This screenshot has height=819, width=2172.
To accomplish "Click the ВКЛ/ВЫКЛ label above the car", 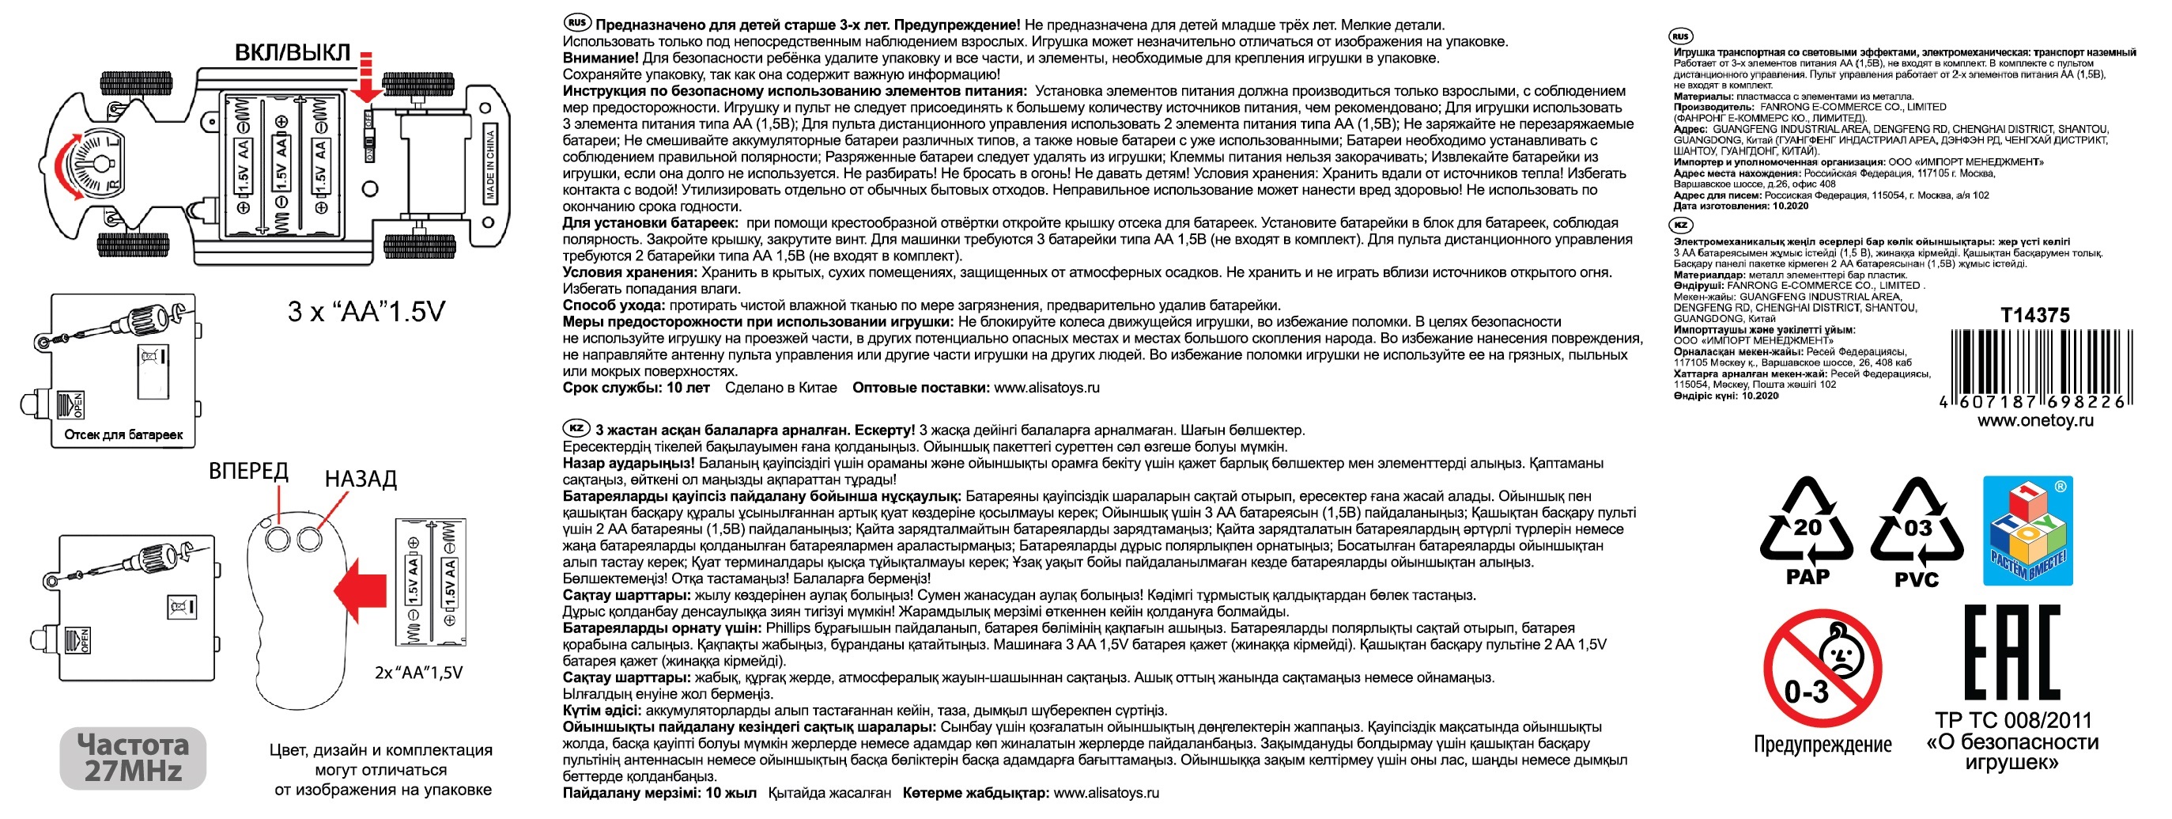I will (x=292, y=52).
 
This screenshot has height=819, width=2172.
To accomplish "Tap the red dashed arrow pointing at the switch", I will (x=366, y=78).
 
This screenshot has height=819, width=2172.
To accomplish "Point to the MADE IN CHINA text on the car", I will (x=490, y=165).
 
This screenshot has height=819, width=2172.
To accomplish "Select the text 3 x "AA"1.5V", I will (x=366, y=312).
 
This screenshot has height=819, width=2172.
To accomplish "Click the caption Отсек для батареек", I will (x=123, y=435).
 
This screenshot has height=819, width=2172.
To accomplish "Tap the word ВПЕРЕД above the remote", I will (x=248, y=471).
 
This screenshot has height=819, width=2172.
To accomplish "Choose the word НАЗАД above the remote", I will (x=360, y=479).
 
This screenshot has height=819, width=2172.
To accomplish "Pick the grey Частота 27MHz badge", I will (x=133, y=757).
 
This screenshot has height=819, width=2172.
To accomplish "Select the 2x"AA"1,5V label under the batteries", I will (x=418, y=673).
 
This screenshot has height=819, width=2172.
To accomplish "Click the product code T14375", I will (x=2034, y=316).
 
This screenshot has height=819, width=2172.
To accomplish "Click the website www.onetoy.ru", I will (x=2034, y=421).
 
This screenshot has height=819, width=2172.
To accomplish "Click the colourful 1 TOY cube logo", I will (x=2027, y=530).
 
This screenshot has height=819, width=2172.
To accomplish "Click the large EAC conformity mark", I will (x=2011, y=653).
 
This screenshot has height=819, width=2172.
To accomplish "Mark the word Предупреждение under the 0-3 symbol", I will (x=1822, y=745).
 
